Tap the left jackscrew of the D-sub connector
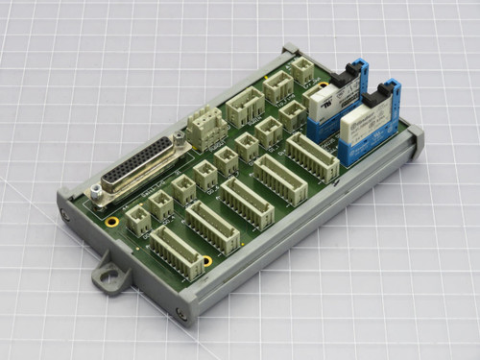(97, 198)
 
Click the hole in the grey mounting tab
(111, 280)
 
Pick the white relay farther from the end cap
(332, 98)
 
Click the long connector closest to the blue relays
(313, 156)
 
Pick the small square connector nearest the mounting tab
(138, 222)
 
